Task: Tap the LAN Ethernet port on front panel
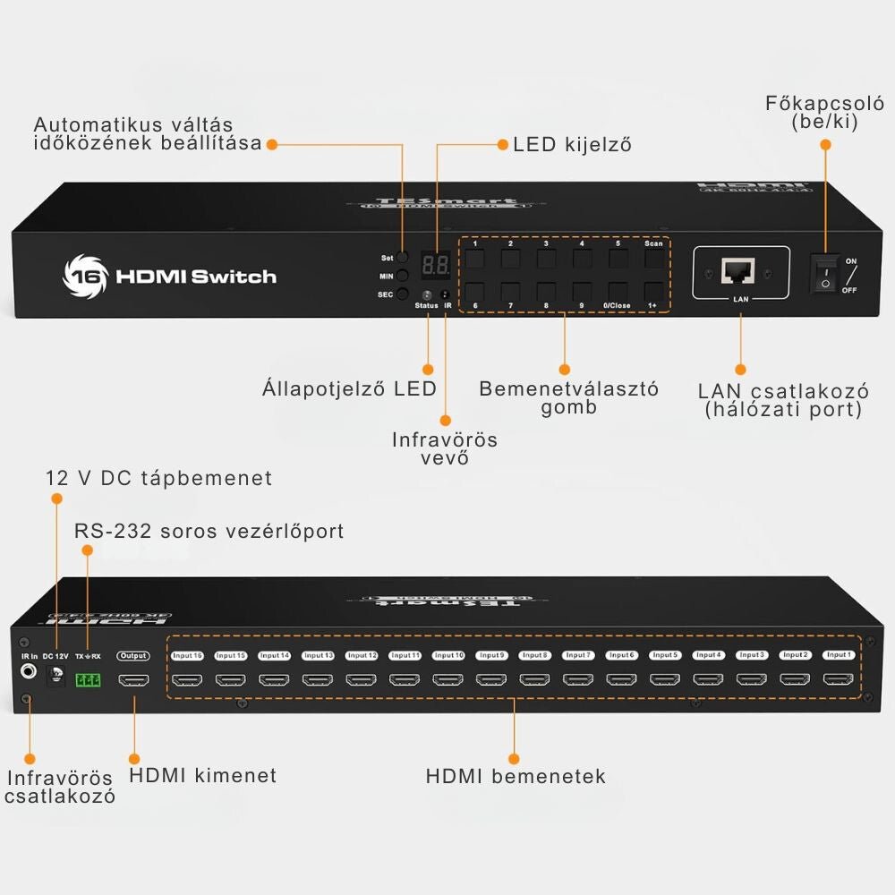click(x=739, y=271)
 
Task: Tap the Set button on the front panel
click(x=403, y=258)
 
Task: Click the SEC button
click(x=403, y=294)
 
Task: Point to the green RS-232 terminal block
click(x=88, y=680)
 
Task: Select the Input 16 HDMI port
click(x=187, y=679)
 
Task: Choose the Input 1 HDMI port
click(x=839, y=679)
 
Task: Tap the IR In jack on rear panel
click(x=29, y=670)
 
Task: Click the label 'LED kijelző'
click(x=572, y=145)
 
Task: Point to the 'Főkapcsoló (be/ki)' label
click(x=824, y=113)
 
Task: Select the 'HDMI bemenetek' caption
click(x=516, y=776)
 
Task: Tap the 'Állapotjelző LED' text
click(x=349, y=388)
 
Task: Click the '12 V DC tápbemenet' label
click(x=158, y=478)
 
